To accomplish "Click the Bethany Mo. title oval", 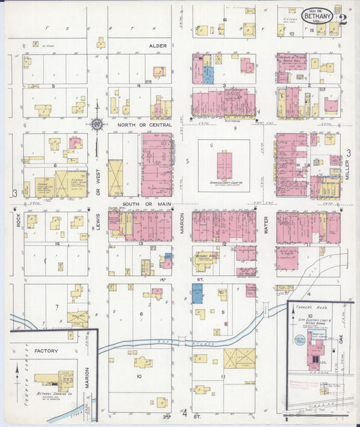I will [317, 16].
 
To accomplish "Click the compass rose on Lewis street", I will [98, 124].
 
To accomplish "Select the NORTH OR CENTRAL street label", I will [144, 125].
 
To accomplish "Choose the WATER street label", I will [267, 229].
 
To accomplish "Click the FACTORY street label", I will [47, 351].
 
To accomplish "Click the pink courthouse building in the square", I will [224, 165].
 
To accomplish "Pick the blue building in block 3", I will [209, 74].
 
